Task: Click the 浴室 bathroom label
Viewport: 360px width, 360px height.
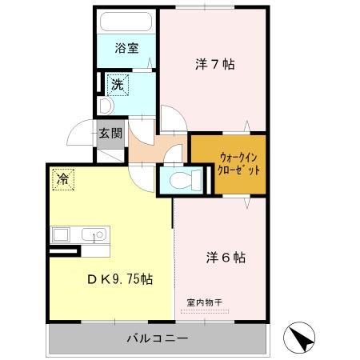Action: click(126, 48)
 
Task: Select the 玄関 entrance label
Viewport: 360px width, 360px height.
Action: click(110, 133)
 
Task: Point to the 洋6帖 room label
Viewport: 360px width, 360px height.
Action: click(226, 258)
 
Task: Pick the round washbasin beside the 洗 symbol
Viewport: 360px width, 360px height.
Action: click(104, 104)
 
